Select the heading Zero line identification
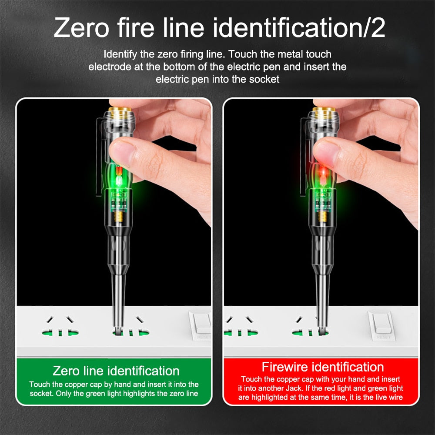click(116, 371)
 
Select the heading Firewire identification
click(322, 366)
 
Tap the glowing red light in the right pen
click(323, 173)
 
